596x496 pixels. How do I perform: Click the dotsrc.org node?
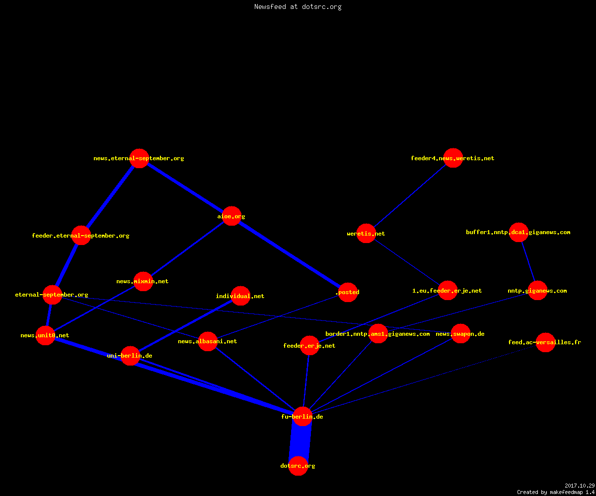298,466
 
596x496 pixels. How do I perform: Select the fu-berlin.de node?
302,417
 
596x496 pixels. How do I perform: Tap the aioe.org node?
231,216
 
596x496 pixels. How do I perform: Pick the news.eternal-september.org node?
139,158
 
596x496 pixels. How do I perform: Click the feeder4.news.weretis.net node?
452,158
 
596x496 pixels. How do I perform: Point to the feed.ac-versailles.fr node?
545,342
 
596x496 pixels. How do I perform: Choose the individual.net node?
240,296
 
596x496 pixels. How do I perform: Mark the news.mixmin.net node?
143,281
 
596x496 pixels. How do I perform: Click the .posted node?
348,292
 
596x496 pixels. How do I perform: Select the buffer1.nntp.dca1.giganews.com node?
519,232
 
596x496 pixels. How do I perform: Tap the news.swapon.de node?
460,333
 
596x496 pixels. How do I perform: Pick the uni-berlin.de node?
130,356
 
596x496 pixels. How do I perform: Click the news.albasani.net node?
208,341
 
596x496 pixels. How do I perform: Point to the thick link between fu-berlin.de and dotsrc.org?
300,441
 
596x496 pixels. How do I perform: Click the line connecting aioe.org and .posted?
290,254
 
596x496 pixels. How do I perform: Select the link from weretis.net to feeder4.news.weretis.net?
410,196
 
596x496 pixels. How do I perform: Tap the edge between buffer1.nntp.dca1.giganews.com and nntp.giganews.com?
528,262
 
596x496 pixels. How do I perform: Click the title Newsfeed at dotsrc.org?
298,6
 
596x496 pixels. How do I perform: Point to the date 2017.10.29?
580,486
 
